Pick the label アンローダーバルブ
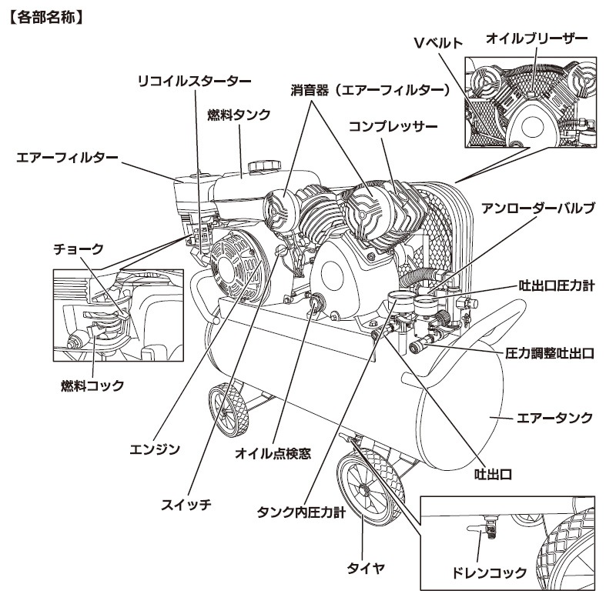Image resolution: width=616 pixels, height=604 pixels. point(538,209)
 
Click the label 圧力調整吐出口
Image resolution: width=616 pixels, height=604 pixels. point(550,354)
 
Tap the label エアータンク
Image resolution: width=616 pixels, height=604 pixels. point(554,418)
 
